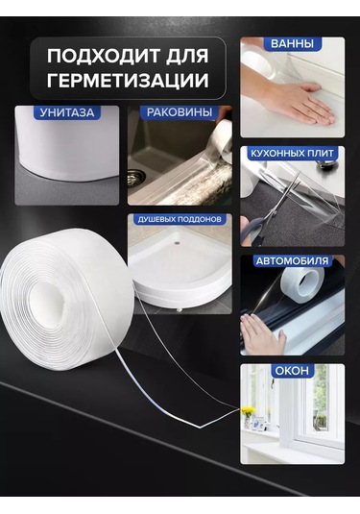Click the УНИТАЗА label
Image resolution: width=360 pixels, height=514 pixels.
67,112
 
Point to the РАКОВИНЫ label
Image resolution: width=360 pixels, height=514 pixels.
180,112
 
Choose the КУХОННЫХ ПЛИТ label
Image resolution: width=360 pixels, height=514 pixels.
292,153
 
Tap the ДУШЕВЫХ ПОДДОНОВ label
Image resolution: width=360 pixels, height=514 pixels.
180,220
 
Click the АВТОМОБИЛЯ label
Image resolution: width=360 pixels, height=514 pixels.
292,260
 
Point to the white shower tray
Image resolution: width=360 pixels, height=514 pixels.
182,274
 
